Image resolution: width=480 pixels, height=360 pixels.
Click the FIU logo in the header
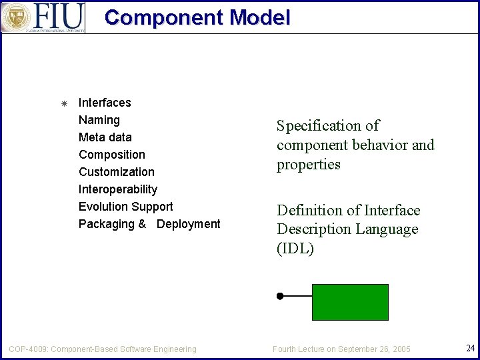pyautogui.click(x=43, y=17)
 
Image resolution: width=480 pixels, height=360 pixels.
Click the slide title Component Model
pyautogui.click(x=197, y=17)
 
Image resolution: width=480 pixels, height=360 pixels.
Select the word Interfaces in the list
pyautogui.click(x=105, y=103)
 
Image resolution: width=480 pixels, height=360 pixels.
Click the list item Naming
pyautogui.click(x=99, y=120)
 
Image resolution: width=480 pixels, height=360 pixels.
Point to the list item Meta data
pyautogui.click(x=105, y=137)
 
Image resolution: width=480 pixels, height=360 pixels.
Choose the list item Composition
pyautogui.click(x=112, y=155)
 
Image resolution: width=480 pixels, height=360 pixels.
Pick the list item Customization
pyautogui.click(x=117, y=172)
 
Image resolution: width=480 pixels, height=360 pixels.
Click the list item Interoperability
pyautogui.click(x=118, y=189)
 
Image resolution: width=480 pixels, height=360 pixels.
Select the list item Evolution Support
pyautogui.click(x=126, y=207)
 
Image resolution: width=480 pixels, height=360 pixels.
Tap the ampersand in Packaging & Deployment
pyautogui.click(x=142, y=224)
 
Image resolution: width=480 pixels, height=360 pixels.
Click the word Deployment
pyautogui.click(x=189, y=224)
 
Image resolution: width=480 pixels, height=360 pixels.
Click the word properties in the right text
pyautogui.click(x=309, y=165)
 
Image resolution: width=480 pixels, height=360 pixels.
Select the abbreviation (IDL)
pyautogui.click(x=295, y=249)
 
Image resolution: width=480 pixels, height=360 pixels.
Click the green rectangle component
pyautogui.click(x=350, y=302)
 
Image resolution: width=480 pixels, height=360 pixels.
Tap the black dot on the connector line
pyautogui.click(x=281, y=295)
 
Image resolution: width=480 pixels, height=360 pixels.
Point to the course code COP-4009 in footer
pyautogui.click(x=27, y=349)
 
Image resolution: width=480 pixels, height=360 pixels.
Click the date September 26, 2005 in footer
pyautogui.click(x=374, y=349)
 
